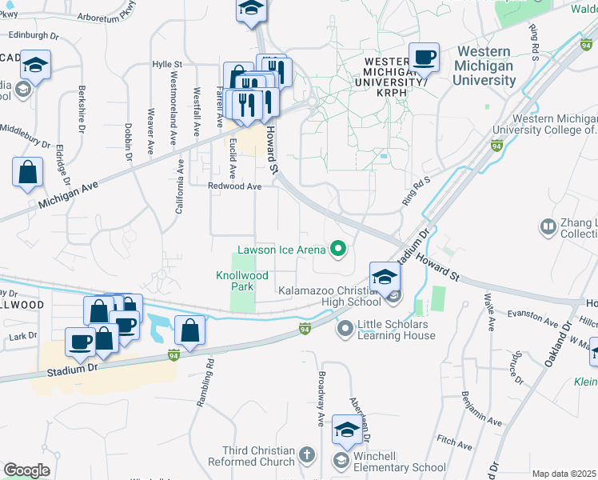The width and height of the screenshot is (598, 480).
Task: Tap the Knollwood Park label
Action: click(x=234, y=280)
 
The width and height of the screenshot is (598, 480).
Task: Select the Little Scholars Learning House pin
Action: click(x=345, y=329)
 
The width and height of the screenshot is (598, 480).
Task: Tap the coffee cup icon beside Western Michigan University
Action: click(x=424, y=58)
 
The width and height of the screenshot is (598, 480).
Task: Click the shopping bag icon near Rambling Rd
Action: click(x=190, y=330)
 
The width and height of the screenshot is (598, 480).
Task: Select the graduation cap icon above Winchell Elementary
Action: click(x=348, y=430)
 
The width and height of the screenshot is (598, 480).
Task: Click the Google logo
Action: click(x=26, y=470)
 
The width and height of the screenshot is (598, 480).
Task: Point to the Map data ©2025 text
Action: click(x=564, y=474)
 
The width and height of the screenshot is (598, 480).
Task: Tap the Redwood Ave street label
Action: click(x=235, y=186)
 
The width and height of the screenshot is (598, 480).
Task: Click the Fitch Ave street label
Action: click(x=456, y=442)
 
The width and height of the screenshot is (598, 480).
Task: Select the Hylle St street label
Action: click(x=168, y=65)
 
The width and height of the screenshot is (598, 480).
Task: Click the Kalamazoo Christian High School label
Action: click(x=329, y=296)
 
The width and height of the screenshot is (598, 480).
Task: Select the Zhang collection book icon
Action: click(x=548, y=227)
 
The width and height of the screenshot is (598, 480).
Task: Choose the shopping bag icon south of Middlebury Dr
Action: click(x=27, y=173)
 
